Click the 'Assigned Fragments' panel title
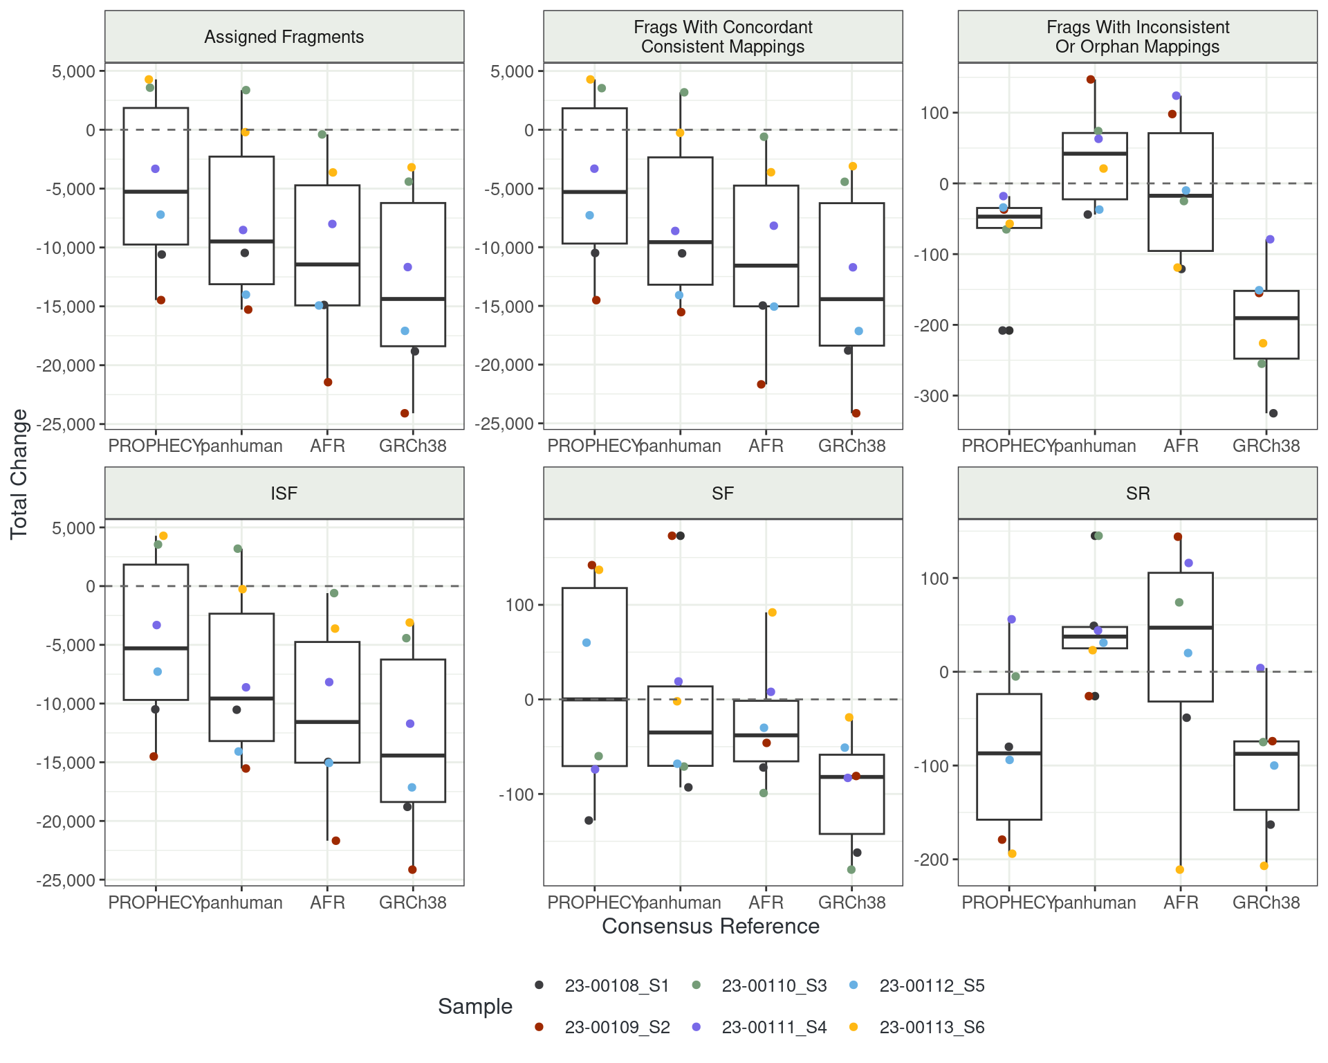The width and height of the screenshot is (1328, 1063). coord(284,37)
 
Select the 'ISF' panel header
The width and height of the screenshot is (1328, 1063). coord(284,493)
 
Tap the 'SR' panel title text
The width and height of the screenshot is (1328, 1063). coord(1138,493)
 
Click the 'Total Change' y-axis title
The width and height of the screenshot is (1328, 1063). coord(19,474)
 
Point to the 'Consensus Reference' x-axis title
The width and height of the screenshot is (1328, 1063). coord(710,926)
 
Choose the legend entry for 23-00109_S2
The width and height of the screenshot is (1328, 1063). coord(617,1027)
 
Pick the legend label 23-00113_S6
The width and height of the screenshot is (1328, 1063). coord(932,1027)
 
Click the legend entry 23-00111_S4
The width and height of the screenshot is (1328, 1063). coord(774,1027)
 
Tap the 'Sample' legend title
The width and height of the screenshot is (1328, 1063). coord(475,1006)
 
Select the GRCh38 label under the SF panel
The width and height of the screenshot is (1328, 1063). coord(851,902)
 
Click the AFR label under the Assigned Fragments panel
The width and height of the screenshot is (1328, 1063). coord(327,446)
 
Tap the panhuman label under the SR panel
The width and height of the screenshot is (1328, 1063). coord(1094,902)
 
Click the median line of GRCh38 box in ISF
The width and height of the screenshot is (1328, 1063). coord(413,755)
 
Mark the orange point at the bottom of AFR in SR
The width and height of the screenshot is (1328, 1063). coord(1180,870)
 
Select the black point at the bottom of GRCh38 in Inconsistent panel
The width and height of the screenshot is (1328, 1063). coord(1273,413)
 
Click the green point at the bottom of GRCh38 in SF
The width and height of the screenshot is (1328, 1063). coord(851,870)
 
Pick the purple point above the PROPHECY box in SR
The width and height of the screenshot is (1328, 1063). coord(1011,619)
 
